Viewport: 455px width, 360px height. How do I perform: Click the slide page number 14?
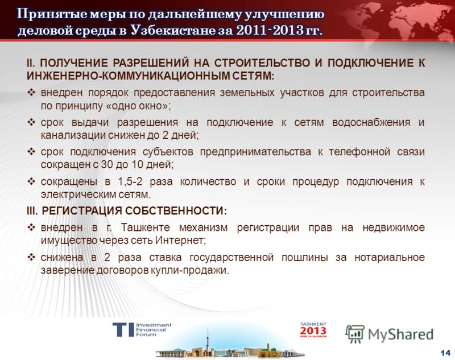click(445, 353)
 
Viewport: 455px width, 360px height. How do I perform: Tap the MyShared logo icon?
click(354, 334)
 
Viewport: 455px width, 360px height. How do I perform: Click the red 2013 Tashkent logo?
click(313, 330)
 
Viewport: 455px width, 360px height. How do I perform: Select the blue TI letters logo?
click(123, 329)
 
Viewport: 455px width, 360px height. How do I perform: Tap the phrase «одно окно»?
click(137, 106)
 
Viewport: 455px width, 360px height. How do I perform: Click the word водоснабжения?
click(371, 122)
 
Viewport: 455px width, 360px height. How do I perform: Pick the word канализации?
click(73, 135)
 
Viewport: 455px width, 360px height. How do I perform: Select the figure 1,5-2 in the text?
click(130, 182)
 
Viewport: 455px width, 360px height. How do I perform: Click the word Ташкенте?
click(146, 227)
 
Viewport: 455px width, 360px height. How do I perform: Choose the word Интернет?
click(180, 241)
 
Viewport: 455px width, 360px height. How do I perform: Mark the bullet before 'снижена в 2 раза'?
click(31, 257)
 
